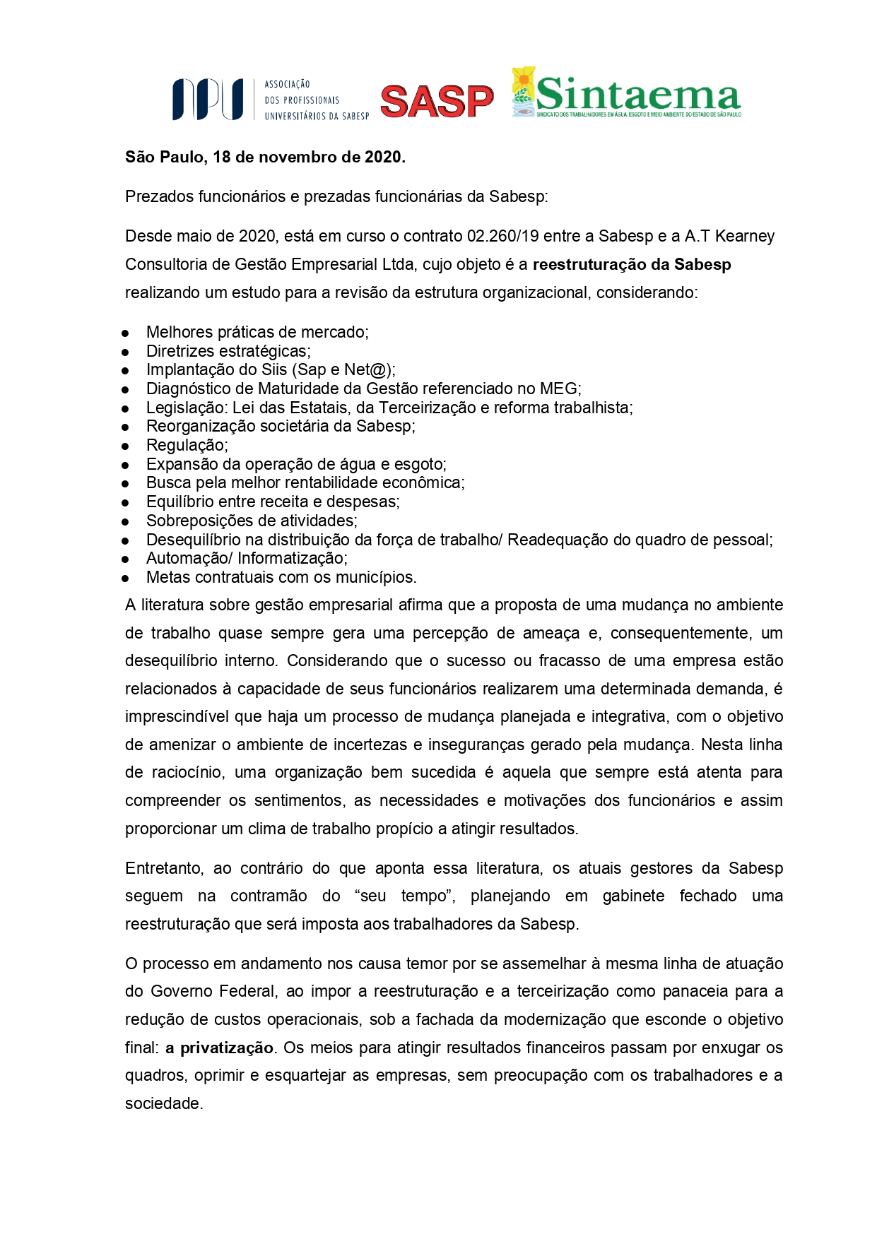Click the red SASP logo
tap(437, 101)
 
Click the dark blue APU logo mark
tap(208, 99)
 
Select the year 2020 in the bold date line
tap(383, 157)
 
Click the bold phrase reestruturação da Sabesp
tap(632, 264)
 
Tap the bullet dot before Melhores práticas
tap(125, 333)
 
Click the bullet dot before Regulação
tap(125, 446)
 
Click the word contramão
tap(269, 896)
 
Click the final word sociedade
tap(163, 1103)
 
